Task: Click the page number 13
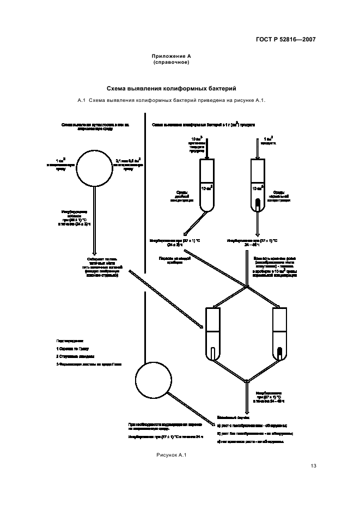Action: click(313, 465)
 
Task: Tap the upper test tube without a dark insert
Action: click(208, 185)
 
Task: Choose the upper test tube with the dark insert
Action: click(257, 185)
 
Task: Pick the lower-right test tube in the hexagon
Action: click(280, 333)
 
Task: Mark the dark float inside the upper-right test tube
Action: click(257, 204)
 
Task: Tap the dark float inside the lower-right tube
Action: click(280, 353)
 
